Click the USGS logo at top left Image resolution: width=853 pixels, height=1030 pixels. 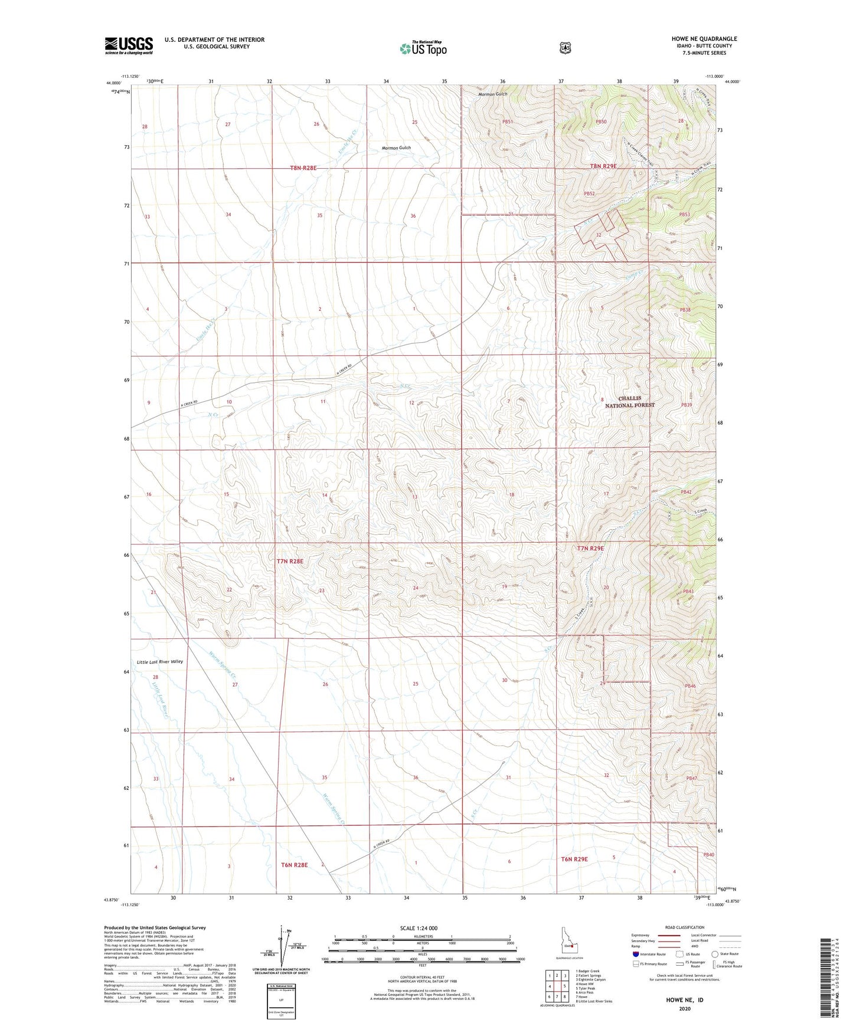click(x=129, y=45)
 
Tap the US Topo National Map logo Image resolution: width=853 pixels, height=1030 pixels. click(x=423, y=48)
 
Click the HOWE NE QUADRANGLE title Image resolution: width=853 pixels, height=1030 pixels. click(x=704, y=39)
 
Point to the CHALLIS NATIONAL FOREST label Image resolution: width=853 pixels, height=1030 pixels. click(x=629, y=402)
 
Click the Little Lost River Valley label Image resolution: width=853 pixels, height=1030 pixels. click(x=159, y=662)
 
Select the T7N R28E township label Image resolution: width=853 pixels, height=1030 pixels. click(x=290, y=561)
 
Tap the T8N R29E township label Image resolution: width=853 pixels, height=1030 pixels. click(x=603, y=166)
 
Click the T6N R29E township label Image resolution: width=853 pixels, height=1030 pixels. click(x=574, y=859)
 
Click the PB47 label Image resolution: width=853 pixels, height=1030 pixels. click(x=691, y=778)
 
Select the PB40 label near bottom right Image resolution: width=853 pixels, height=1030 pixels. click(x=708, y=854)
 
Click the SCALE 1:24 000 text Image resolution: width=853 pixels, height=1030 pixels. click(x=419, y=928)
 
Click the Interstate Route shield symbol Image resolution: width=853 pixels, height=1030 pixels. click(x=635, y=954)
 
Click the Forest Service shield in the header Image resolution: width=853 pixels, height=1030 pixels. click(x=565, y=48)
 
